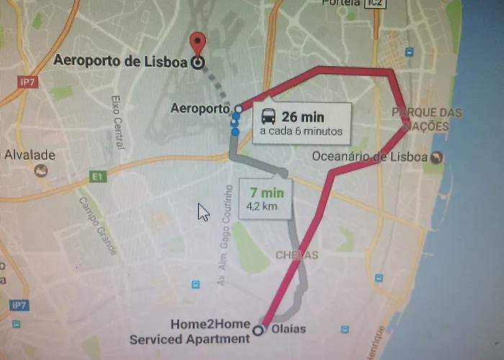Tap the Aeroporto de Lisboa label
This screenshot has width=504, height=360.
[120, 61]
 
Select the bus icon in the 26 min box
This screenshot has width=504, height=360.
[266, 116]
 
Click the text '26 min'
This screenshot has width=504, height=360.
[303, 116]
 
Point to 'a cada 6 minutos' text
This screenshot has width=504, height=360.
[300, 131]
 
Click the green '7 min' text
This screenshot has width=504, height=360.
[267, 193]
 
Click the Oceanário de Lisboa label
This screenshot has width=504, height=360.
[370, 156]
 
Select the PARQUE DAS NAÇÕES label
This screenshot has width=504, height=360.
[420, 120]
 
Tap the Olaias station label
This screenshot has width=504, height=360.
[289, 329]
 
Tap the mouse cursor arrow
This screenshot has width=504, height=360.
[203, 211]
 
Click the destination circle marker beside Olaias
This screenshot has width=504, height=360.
[259, 331]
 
